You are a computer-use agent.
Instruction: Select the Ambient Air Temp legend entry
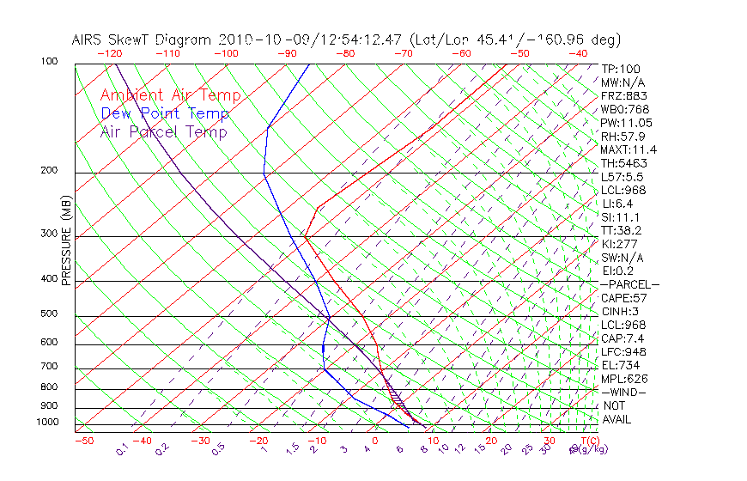point(170,96)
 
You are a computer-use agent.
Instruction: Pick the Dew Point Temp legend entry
point(165,113)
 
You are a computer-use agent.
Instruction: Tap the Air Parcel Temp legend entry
point(163,131)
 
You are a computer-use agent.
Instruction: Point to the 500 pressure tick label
point(48,314)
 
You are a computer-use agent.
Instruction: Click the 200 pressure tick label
point(48,170)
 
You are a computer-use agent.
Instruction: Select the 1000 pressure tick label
point(46,422)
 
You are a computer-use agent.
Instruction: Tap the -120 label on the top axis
point(110,53)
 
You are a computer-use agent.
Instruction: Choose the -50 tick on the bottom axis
point(84,441)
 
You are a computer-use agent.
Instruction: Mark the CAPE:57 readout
point(624,298)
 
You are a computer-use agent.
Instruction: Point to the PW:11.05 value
point(627,123)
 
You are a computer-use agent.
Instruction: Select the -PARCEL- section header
point(630,284)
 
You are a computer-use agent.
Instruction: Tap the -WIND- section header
point(623,392)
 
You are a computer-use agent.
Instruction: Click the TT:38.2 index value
point(622,230)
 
